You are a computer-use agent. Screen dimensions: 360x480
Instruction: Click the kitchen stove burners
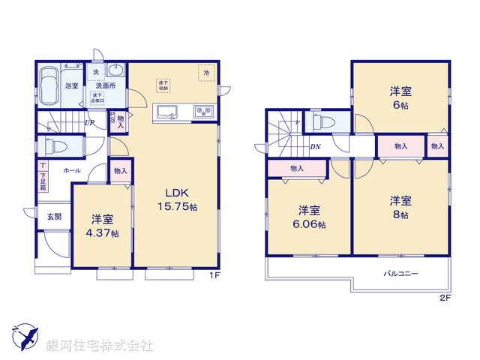pyautogui.click(x=203, y=112)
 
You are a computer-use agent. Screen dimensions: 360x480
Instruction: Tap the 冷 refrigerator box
pyautogui.click(x=205, y=73)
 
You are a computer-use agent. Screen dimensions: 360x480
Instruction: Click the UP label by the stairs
pyautogui.click(x=89, y=123)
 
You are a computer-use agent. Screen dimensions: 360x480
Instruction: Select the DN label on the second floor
pyautogui.click(x=315, y=147)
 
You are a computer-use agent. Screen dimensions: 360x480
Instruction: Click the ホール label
pyautogui.click(x=72, y=171)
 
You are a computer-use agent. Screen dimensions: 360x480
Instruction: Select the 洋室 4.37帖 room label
pyautogui.click(x=103, y=226)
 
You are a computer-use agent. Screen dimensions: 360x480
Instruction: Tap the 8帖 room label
pyautogui.click(x=400, y=207)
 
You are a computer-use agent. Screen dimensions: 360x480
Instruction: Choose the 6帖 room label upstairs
pyautogui.click(x=400, y=97)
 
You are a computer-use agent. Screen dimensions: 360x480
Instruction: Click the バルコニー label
pyautogui.click(x=401, y=273)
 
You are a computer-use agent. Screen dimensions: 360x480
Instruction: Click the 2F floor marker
pyautogui.click(x=445, y=298)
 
